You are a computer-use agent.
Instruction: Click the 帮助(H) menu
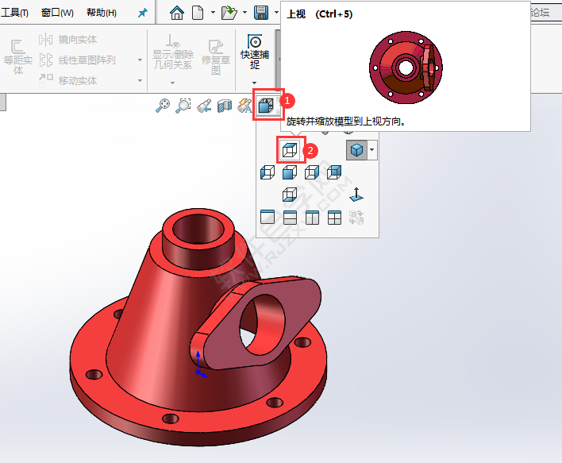click(101, 13)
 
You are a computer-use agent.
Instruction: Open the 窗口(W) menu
click(57, 13)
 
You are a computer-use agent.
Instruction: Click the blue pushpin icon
click(142, 13)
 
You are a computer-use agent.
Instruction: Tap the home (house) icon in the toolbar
click(177, 13)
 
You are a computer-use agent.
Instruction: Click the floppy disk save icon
click(260, 13)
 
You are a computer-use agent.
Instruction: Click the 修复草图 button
click(215, 57)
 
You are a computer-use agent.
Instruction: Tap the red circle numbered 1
click(290, 102)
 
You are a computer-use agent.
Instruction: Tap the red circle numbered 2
click(312, 149)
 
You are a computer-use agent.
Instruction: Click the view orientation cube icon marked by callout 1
click(268, 104)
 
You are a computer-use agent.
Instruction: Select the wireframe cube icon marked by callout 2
click(290, 149)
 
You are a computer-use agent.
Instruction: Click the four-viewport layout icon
click(334, 217)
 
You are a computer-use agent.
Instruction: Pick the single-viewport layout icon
click(268, 217)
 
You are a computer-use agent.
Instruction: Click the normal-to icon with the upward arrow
click(356, 194)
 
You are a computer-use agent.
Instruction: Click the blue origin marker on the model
click(198, 367)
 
